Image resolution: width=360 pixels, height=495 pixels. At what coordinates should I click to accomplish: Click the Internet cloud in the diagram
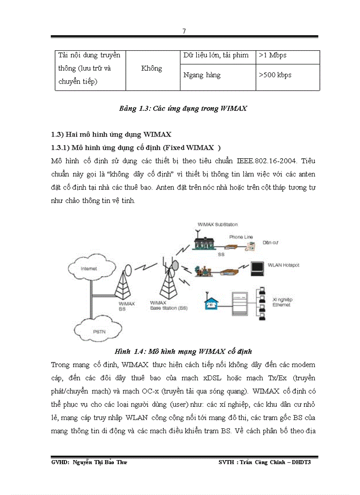[89, 268]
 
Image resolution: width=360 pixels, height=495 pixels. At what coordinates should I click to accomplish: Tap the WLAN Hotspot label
[283, 265]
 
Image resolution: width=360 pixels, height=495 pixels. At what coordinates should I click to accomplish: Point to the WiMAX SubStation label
[217, 224]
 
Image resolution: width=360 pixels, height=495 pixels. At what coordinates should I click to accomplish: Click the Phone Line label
[240, 237]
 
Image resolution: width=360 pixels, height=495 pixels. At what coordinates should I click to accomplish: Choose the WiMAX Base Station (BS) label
[169, 305]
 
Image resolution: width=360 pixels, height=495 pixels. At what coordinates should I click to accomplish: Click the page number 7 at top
[184, 31]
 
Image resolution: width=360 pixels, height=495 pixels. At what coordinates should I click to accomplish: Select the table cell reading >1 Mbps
[273, 56]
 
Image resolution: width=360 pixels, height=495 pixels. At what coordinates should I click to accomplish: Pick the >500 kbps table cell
[275, 75]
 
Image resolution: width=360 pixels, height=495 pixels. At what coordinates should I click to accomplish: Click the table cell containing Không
[151, 68]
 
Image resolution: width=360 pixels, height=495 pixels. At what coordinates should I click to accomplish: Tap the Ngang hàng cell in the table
[202, 75]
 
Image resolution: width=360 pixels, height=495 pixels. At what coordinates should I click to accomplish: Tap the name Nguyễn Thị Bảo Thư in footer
[98, 462]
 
